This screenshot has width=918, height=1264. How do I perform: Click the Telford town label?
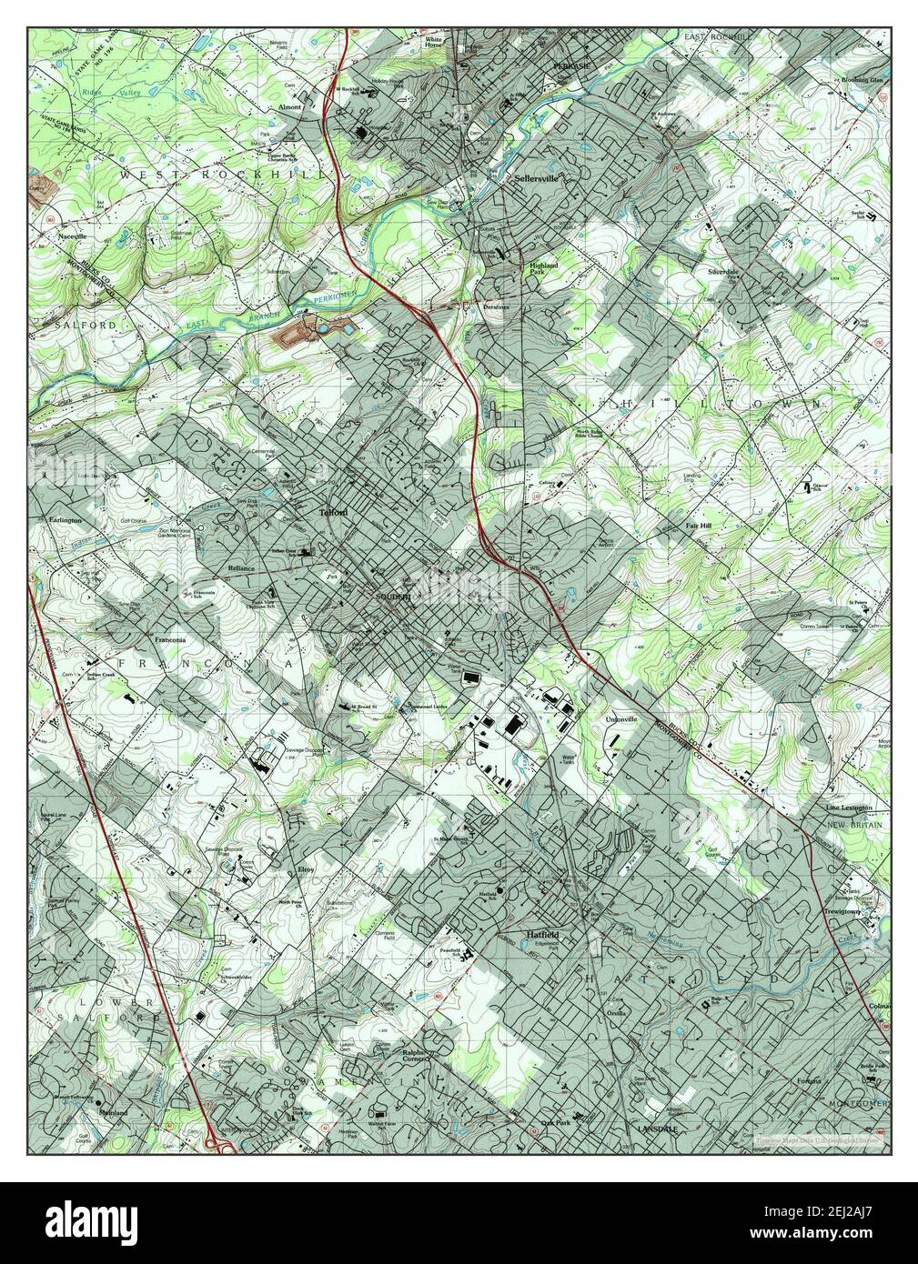pyautogui.click(x=333, y=513)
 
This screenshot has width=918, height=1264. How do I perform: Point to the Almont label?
pyautogui.click(x=289, y=106)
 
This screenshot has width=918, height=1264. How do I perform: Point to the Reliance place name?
pyautogui.click(x=241, y=567)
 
